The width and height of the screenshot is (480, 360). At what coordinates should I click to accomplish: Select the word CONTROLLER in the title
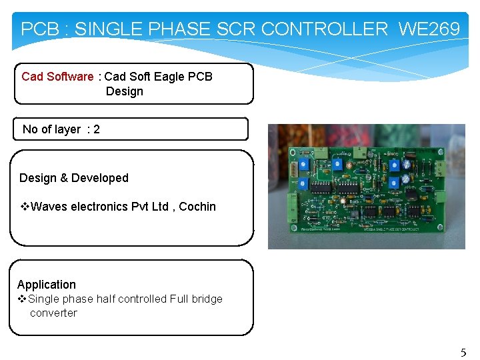pyautogui.click(x=324, y=29)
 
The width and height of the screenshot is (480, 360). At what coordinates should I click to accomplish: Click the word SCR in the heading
pyautogui.click(x=237, y=29)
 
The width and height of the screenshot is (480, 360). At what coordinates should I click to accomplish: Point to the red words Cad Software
pyautogui.click(x=57, y=77)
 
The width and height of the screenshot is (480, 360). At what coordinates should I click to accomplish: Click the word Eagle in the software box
pyautogui.click(x=169, y=77)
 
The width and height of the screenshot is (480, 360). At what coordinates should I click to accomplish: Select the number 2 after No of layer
pyautogui.click(x=97, y=129)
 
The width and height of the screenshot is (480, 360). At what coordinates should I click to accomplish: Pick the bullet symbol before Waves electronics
pyautogui.click(x=24, y=207)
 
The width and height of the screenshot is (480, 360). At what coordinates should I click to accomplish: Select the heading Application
pyautogui.click(x=47, y=285)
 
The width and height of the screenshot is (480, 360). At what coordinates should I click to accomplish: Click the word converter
pyautogui.click(x=53, y=313)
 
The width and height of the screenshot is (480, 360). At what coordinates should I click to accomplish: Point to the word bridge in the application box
pyautogui.click(x=206, y=299)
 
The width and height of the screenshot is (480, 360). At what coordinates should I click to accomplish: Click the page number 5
pyautogui.click(x=463, y=353)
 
